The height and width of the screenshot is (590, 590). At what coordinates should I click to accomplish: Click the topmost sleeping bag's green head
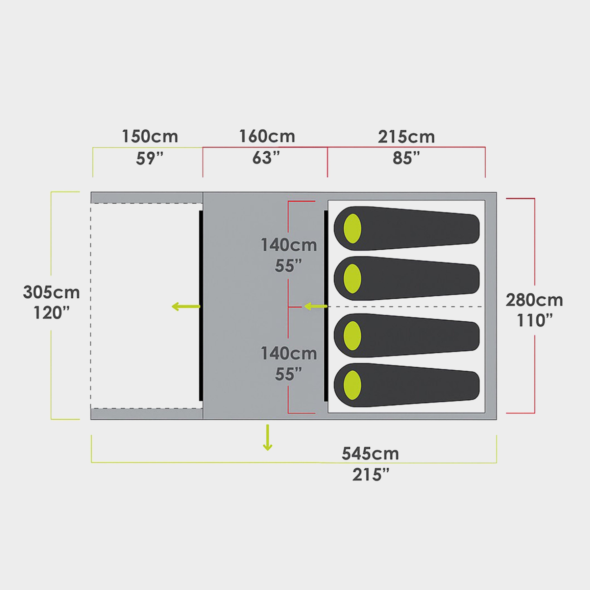pyautogui.click(x=352, y=229)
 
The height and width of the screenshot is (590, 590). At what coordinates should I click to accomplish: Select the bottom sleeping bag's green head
pyautogui.click(x=352, y=385)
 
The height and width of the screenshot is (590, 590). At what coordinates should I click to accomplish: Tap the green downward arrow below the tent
pyautogui.click(x=268, y=437)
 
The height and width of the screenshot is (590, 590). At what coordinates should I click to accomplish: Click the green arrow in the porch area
pyautogui.click(x=186, y=306)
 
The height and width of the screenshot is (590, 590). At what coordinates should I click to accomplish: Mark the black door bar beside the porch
pyautogui.click(x=201, y=306)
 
